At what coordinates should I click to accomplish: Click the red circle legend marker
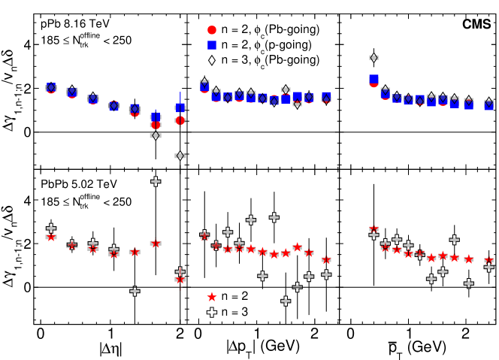click(212, 30)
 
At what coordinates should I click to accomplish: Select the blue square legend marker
click(212, 45)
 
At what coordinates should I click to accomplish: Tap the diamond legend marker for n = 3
click(212, 61)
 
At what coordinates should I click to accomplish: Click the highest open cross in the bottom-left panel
click(156, 181)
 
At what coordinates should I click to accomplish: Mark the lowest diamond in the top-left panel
click(180, 156)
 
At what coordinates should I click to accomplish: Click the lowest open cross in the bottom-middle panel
click(286, 301)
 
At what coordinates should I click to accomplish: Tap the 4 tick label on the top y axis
click(26, 44)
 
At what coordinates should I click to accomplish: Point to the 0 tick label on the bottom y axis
click(26, 287)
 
